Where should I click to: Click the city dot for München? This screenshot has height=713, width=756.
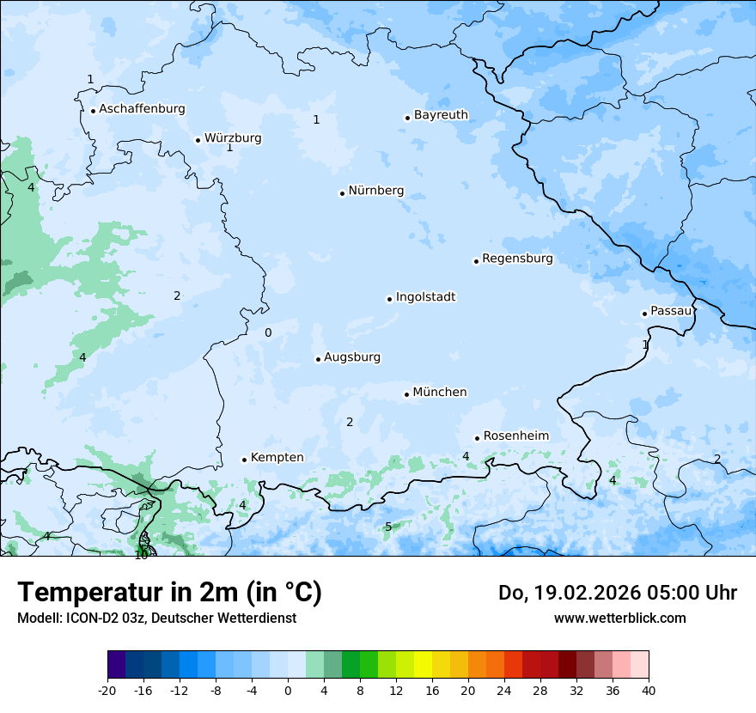coord(406,394)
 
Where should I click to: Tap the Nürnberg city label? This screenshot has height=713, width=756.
coord(375,191)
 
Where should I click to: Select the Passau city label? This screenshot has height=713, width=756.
coord(671,311)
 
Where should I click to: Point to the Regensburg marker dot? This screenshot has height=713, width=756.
coord(476,261)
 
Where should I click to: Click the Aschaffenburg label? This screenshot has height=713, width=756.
coord(142,109)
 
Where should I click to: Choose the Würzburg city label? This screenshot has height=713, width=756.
coord(233,138)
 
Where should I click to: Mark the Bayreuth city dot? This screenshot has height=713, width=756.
coord(407,118)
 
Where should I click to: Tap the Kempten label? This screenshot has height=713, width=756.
coord(277,458)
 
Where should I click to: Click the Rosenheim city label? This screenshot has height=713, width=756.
coord(515,436)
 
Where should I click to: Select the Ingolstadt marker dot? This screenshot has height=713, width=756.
coord(389,299)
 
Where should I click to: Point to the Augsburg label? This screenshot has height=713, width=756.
coord(351,357)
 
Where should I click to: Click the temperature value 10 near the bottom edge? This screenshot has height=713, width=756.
coord(141,555)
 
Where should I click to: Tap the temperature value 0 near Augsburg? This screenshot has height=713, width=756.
coord(268,333)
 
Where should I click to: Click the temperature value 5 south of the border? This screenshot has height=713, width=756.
coord(388,527)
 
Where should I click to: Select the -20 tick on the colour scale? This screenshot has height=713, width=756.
coord(107,690)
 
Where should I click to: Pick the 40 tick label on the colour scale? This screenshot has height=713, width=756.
coord(648,690)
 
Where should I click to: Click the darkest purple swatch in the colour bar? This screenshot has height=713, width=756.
coord(116,665)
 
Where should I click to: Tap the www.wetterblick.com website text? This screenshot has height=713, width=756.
coord(619,618)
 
